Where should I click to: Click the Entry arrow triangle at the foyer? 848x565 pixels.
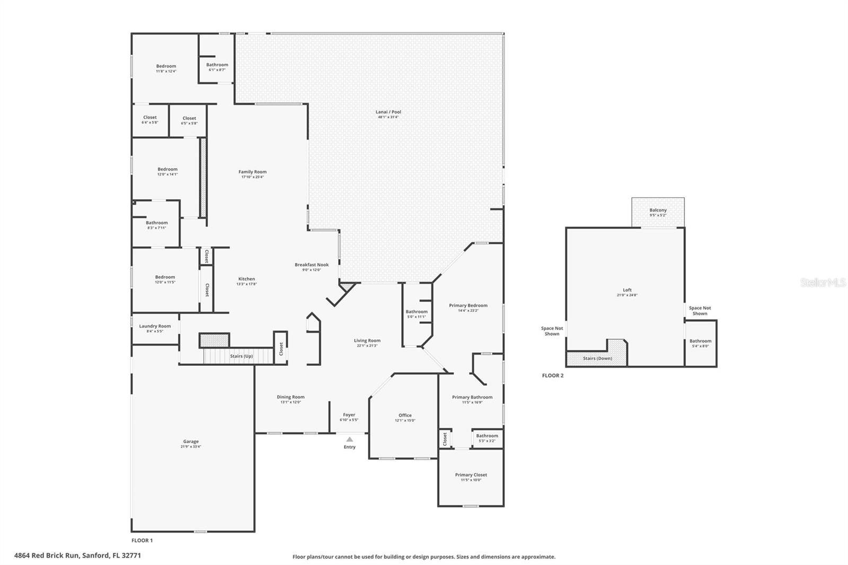349,439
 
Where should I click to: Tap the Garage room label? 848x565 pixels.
191,442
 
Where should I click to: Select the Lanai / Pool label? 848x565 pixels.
388,112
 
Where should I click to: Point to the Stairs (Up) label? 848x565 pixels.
241,356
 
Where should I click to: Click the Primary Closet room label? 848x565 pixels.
471,475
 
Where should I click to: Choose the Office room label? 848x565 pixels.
405,416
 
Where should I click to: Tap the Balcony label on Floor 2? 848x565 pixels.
658,210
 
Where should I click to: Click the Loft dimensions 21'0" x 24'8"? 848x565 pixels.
627,295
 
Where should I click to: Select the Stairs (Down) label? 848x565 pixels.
597,358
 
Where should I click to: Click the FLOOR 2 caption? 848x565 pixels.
553,375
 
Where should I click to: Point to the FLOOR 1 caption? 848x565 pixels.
142,541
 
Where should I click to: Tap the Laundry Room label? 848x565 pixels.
155,326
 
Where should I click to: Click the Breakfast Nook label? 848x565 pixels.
312,264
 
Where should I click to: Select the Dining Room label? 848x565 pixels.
290,397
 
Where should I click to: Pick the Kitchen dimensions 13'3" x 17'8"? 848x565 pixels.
246,284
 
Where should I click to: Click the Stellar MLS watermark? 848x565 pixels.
822,282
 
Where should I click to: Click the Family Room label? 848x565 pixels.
252,172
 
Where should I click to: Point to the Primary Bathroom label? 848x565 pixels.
472,397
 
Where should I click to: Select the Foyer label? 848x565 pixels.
349,415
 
